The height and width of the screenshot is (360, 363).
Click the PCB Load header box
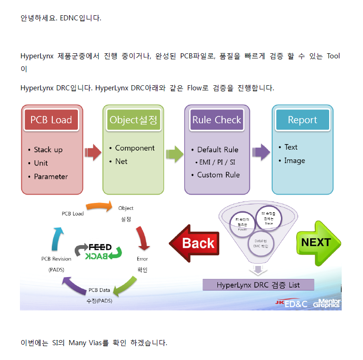51,120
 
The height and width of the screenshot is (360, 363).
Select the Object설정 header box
134,120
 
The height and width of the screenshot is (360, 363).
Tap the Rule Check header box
217,120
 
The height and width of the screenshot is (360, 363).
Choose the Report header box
302,120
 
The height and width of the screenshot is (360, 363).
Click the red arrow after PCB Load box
93,152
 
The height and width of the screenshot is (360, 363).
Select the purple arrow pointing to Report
261,152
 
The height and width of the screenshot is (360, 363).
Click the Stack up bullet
48,150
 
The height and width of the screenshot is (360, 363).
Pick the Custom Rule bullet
218,175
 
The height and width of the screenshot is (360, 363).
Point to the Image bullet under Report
294,160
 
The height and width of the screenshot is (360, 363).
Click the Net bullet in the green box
121,161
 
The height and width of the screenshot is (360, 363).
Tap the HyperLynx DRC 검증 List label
258,285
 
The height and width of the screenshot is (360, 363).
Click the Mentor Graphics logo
327,303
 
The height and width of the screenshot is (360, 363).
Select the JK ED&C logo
292,303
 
